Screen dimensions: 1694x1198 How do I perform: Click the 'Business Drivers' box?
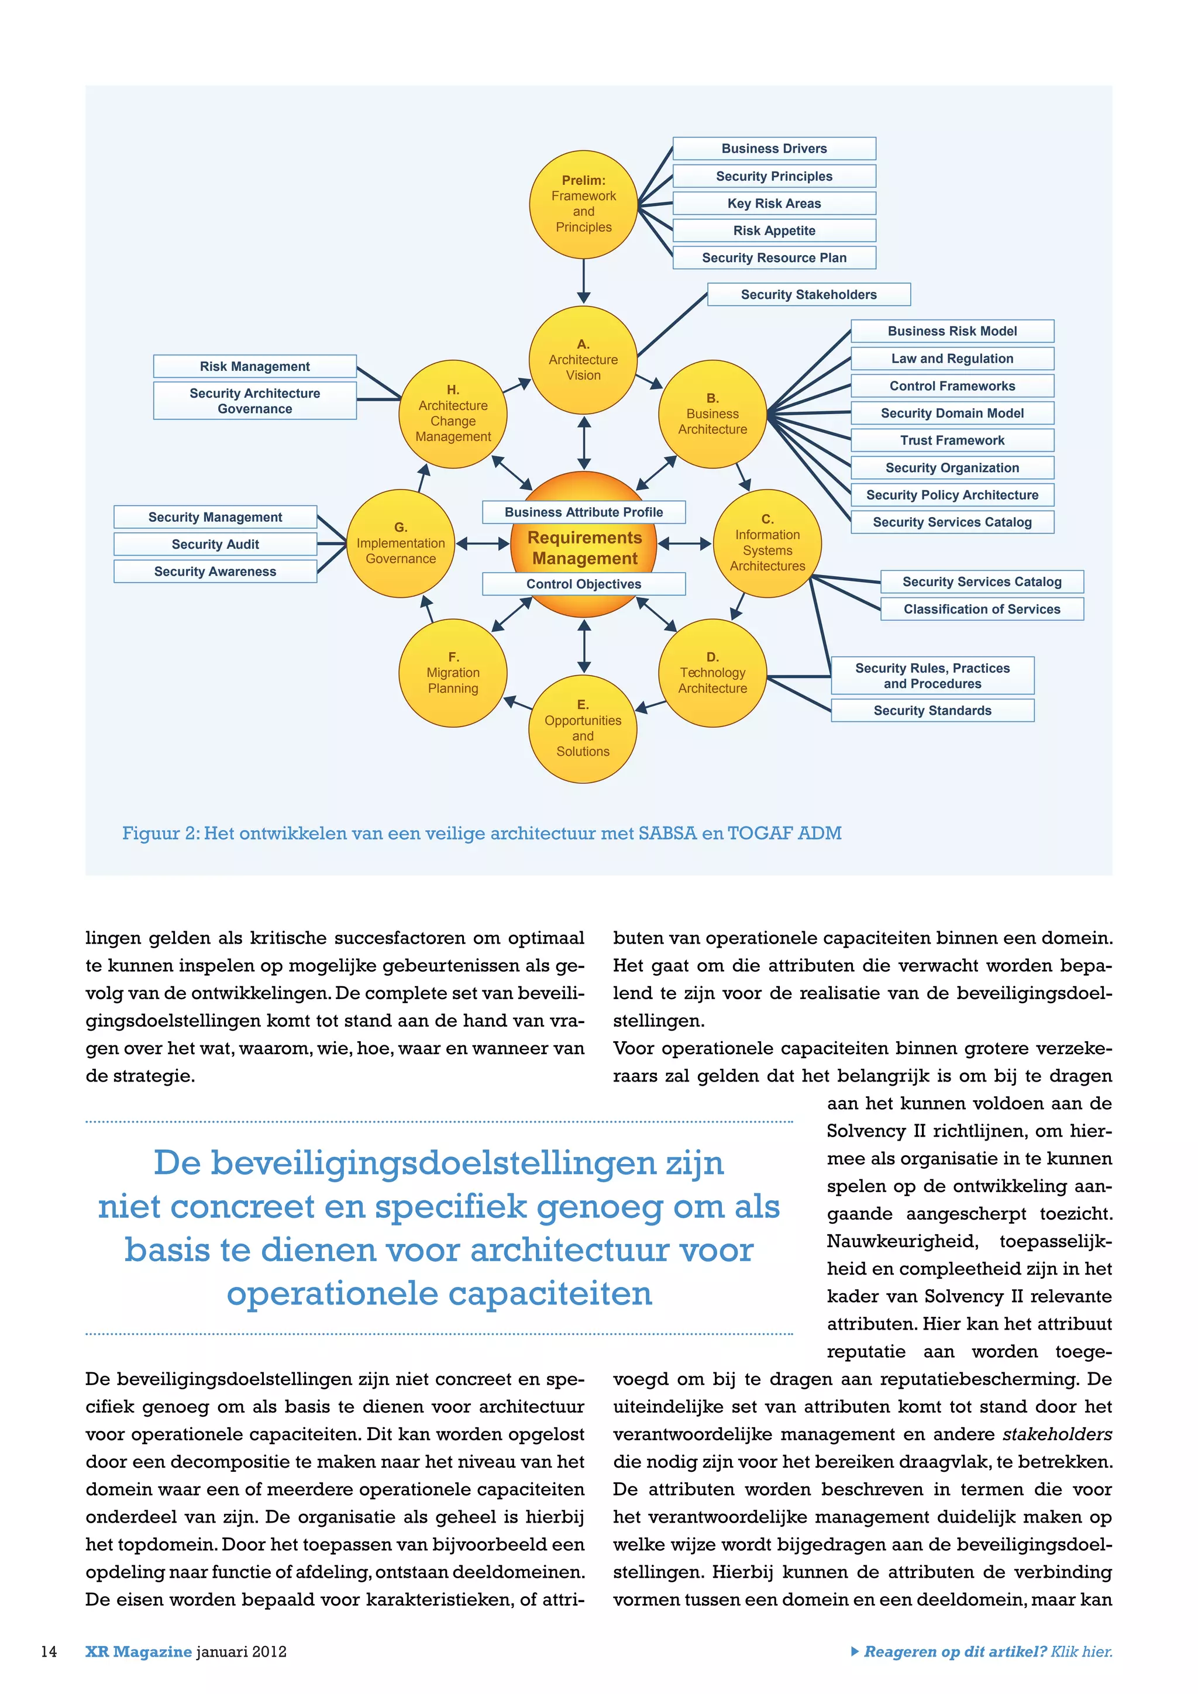coord(774,149)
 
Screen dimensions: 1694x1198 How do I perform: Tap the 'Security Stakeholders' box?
coord(808,294)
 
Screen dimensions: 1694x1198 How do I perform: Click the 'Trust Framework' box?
coord(952,440)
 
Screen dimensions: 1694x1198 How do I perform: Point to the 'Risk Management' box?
coord(254,366)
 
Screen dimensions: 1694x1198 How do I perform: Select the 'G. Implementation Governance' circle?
coord(401,543)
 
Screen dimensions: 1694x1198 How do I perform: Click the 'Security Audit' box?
coord(215,545)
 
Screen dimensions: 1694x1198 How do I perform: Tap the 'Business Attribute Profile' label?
coord(584,512)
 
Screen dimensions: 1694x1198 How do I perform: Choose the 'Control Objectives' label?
coord(584,584)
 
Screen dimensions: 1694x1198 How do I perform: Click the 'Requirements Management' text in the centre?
coord(584,548)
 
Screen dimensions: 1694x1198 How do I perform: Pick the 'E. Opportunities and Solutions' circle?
coord(583,728)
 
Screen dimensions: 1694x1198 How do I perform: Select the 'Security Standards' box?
coord(932,711)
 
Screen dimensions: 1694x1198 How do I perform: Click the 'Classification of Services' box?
coord(982,610)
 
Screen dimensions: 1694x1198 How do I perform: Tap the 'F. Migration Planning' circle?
coord(453,673)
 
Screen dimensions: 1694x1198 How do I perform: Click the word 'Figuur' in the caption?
coord(150,834)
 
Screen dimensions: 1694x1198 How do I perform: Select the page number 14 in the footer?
coord(49,1651)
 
